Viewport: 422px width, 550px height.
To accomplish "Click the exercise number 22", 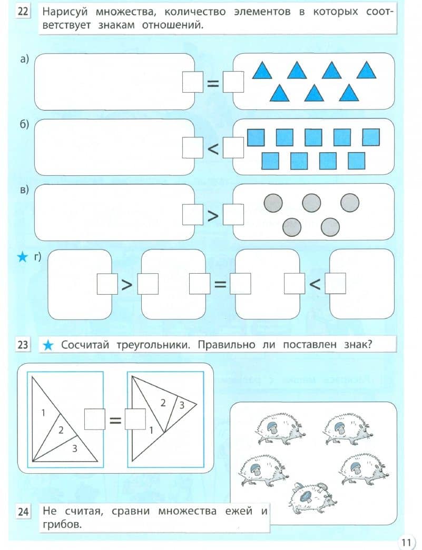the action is coord(23,11).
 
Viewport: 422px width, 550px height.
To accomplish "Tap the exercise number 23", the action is coord(23,345).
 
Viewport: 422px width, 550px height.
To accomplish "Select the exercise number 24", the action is coord(23,512).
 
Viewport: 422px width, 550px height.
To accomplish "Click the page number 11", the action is coord(406,542).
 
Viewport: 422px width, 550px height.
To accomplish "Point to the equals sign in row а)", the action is coord(213,84).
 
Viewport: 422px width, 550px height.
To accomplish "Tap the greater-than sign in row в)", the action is coord(213,216).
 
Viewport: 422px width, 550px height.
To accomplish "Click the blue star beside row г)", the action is coord(22,258).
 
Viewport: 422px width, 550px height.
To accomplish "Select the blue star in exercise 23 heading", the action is coord(48,346).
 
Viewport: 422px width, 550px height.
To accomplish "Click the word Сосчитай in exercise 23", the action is coord(85,345).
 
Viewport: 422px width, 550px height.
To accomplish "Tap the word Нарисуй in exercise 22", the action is coord(65,12).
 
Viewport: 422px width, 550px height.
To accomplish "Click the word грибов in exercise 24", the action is coord(62,525).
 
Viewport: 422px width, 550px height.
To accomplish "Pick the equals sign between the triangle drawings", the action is coord(115,420).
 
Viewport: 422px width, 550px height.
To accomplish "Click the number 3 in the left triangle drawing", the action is coord(74,448).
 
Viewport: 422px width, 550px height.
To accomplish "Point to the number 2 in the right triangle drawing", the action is coord(163,403).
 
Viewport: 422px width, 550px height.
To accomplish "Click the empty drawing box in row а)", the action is coord(114,82).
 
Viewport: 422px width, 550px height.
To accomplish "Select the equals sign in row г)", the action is coord(220,285).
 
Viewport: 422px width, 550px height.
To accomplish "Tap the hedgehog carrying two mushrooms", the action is coord(312,497).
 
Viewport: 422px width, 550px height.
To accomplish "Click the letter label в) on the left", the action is coord(24,190).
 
